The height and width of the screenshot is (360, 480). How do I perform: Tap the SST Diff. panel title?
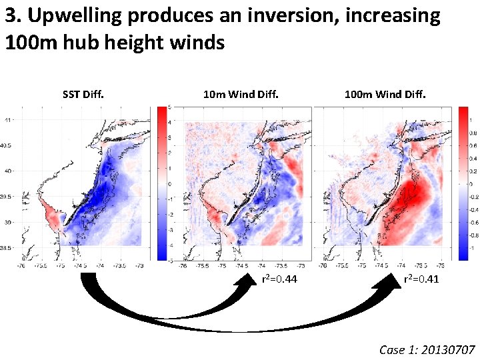(83, 95)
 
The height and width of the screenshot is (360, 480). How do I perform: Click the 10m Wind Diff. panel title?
(241, 95)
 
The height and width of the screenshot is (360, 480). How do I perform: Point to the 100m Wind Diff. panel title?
(385, 95)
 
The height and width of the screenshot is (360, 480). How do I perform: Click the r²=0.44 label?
(275, 280)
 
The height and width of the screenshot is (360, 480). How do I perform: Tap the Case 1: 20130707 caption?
(427, 349)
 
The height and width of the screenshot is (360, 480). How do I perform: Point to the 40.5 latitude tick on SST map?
(6, 145)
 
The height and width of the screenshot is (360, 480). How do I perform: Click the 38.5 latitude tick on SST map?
(6, 247)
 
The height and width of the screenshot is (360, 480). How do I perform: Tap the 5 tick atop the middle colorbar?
(171, 107)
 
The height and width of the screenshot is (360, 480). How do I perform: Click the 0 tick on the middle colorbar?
(171, 183)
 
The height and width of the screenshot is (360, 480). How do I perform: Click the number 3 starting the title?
(11, 16)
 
